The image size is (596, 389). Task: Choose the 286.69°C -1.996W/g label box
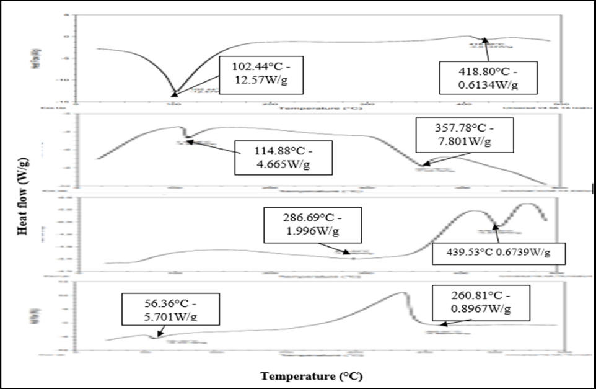point(303,226)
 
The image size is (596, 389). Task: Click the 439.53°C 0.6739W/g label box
point(498,253)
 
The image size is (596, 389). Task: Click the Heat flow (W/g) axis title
point(23,192)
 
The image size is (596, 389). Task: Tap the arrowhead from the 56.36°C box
point(154,336)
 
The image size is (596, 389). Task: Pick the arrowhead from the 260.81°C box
point(440,323)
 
